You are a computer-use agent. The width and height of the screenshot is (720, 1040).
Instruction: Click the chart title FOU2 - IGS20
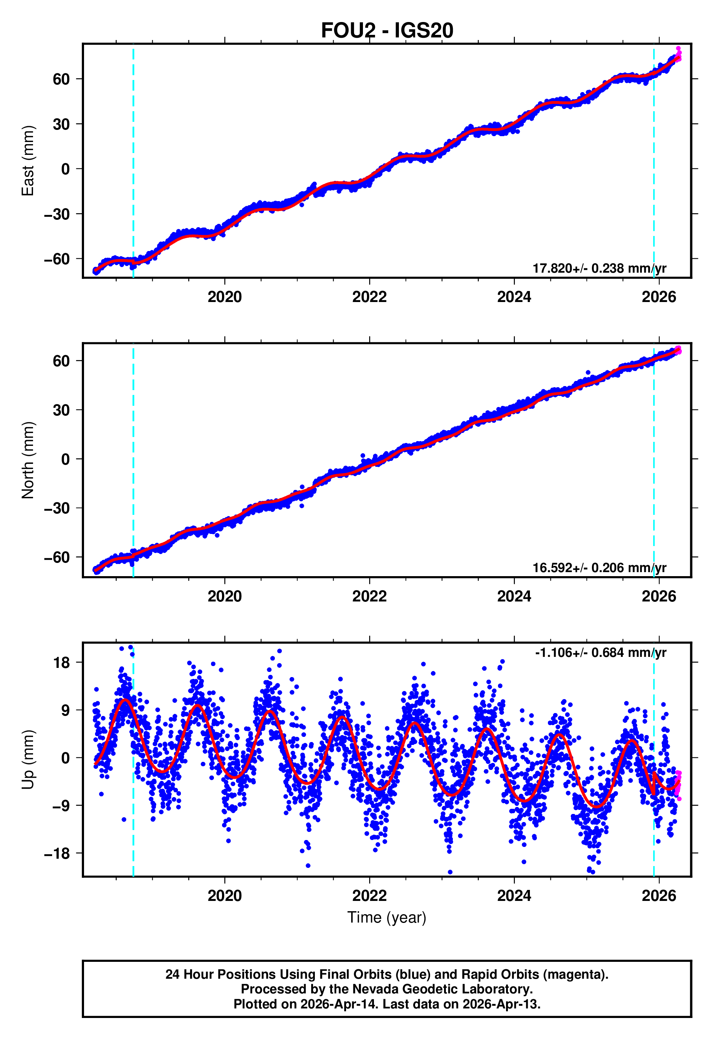(x=387, y=31)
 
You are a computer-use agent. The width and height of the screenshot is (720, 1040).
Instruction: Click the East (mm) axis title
(x=28, y=161)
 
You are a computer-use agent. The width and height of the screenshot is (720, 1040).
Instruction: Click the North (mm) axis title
(x=28, y=460)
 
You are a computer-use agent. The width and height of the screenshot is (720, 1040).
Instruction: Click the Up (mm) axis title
(x=28, y=760)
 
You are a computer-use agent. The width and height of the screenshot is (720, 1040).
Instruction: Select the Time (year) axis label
(x=387, y=917)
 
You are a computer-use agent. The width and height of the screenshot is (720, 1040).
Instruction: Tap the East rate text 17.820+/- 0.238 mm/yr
(x=599, y=268)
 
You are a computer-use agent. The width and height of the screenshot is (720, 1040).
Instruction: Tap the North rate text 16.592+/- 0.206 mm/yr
(x=599, y=568)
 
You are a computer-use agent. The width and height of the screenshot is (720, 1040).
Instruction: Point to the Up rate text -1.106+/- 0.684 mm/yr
(x=600, y=652)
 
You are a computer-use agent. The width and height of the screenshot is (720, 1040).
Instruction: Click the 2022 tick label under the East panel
(x=370, y=297)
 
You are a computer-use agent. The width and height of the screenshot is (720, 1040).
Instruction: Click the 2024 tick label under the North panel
(x=514, y=597)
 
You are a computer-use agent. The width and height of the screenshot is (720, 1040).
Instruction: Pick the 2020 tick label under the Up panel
(x=225, y=896)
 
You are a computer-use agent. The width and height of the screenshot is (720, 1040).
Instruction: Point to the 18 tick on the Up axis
(x=61, y=663)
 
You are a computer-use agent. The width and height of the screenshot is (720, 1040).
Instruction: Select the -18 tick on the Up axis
(x=57, y=854)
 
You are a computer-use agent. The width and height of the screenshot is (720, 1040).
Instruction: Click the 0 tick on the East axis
(x=66, y=169)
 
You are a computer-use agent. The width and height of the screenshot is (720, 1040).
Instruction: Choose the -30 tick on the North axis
(x=57, y=508)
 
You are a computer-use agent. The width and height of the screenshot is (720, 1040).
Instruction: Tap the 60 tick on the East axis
(x=61, y=79)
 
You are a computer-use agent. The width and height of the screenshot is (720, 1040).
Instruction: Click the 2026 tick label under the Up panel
(x=659, y=896)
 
